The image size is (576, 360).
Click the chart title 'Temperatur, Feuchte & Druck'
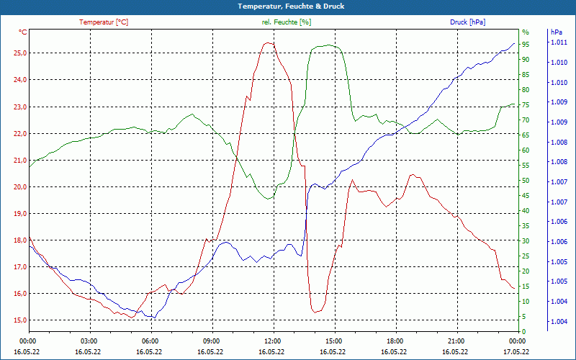(287, 6)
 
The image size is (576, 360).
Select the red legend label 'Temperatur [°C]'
(104, 22)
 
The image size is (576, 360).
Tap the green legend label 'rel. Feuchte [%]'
(287, 22)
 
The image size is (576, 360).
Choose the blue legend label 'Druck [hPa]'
(467, 22)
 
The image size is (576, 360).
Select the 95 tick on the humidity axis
(526, 45)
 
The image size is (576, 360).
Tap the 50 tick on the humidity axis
(526, 181)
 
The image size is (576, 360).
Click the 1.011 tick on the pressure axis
(559, 43)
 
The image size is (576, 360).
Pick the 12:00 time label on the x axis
(272, 341)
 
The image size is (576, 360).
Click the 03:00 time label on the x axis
(89, 341)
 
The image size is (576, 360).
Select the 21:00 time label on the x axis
(456, 341)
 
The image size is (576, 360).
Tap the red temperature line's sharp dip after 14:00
(315, 312)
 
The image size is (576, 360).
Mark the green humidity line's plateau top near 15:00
(328, 45)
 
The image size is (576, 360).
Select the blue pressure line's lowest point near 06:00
(152, 317)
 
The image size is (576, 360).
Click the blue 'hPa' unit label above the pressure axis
(556, 32)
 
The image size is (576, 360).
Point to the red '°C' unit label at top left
(23, 32)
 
